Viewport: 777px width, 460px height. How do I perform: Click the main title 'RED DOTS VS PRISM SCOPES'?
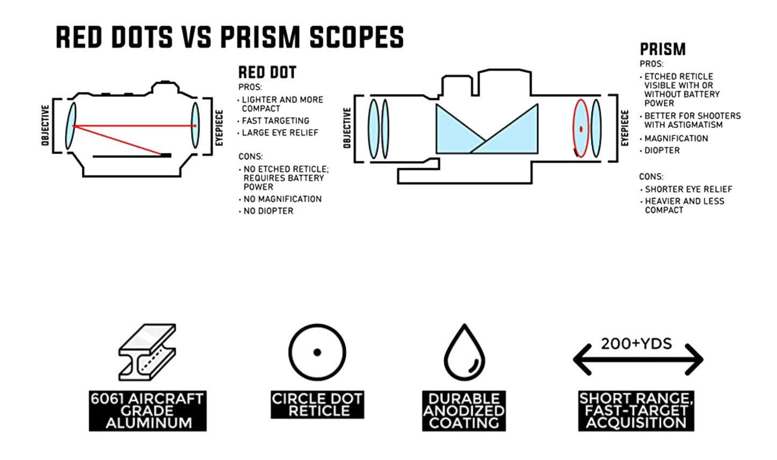pyautogui.click(x=230, y=37)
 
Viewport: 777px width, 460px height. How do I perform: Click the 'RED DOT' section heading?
pyautogui.click(x=267, y=73)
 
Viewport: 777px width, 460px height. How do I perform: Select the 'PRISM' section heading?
pyautogui.click(x=662, y=49)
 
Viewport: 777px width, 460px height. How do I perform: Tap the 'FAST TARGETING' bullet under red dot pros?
pyautogui.click(x=275, y=121)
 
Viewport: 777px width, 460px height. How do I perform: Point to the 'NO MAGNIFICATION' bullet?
pyautogui.click(x=282, y=199)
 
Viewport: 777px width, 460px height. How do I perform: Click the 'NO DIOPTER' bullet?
pyautogui.click(x=268, y=211)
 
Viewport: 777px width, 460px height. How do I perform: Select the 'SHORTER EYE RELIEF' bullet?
pyautogui.click(x=688, y=189)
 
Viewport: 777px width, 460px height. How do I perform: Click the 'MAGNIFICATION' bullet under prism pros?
pyautogui.click(x=676, y=139)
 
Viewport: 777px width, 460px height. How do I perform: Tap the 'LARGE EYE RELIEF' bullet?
pyautogui.click(x=280, y=133)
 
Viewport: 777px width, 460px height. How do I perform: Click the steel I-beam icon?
pyautogui.click(x=147, y=352)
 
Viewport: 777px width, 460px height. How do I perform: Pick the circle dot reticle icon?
pyautogui.click(x=317, y=353)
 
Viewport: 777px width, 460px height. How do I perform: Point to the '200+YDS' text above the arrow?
pyautogui.click(x=636, y=343)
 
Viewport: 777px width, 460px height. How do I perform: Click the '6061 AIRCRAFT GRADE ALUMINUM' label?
pyautogui.click(x=147, y=411)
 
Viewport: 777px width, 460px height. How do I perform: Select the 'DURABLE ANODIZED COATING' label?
pyautogui.click(x=464, y=411)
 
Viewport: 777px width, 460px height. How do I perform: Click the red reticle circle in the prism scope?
pyautogui.click(x=581, y=128)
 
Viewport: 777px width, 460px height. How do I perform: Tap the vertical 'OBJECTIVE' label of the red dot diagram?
pyautogui.click(x=46, y=125)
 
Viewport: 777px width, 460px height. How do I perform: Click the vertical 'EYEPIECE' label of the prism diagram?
pyautogui.click(x=624, y=128)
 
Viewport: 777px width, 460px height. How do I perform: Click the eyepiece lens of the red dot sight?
pyautogui.click(x=195, y=125)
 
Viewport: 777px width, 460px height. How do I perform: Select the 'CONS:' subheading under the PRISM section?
pyautogui.click(x=651, y=176)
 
